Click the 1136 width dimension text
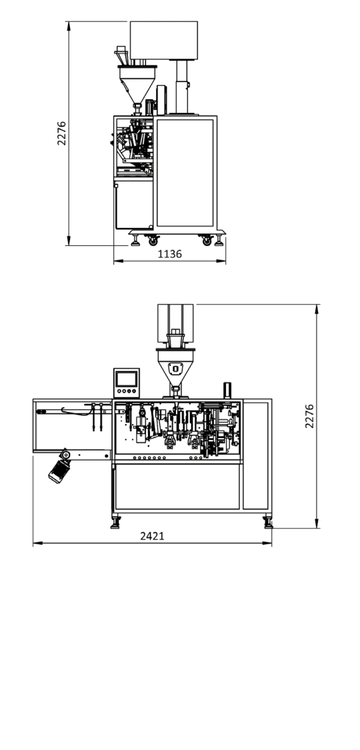point(170,254)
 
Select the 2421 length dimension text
point(152,536)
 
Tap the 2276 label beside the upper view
point(62,133)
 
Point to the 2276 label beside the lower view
point(309,415)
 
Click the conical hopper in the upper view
point(137,84)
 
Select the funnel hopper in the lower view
point(175,367)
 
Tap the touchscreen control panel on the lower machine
point(126,383)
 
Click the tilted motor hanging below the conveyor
point(59,468)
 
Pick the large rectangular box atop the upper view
point(163,40)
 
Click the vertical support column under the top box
point(182,87)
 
